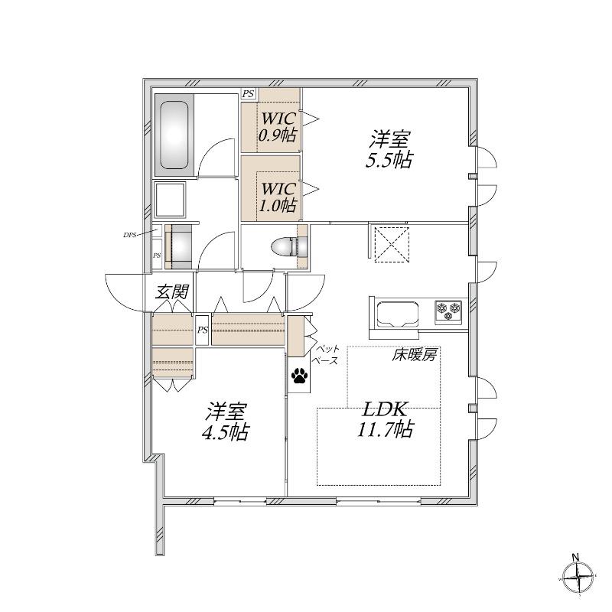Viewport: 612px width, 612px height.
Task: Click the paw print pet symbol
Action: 299,376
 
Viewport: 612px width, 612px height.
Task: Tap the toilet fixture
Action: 289,246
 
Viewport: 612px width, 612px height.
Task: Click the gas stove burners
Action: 449,312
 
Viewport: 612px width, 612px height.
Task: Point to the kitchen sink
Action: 398,314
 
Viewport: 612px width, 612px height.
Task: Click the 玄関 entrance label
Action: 172,291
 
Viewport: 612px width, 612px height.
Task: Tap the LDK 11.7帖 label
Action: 385,419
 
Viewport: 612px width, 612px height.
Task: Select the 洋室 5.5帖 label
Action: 389,149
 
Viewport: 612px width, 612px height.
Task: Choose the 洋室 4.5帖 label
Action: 225,422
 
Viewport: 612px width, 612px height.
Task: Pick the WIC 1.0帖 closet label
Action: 278,197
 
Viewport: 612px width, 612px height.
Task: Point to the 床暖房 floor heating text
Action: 414,356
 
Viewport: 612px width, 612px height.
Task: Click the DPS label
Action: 129,235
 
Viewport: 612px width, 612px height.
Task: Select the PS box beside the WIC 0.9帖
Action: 248,93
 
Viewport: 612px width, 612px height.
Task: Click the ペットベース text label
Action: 327,354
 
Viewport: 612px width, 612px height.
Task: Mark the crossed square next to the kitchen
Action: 392,245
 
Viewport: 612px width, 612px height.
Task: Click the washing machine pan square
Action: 170,200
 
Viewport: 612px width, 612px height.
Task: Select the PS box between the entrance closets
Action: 202,330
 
